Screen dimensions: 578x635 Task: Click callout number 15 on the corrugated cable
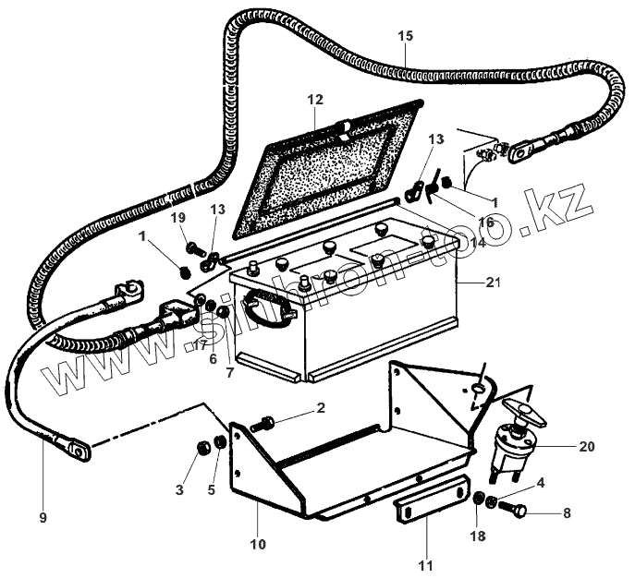406,37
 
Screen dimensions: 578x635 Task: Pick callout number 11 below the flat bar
426,563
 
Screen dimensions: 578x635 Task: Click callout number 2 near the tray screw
320,407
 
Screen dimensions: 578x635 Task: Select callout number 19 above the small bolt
179,218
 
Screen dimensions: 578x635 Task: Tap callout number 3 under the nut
178,488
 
